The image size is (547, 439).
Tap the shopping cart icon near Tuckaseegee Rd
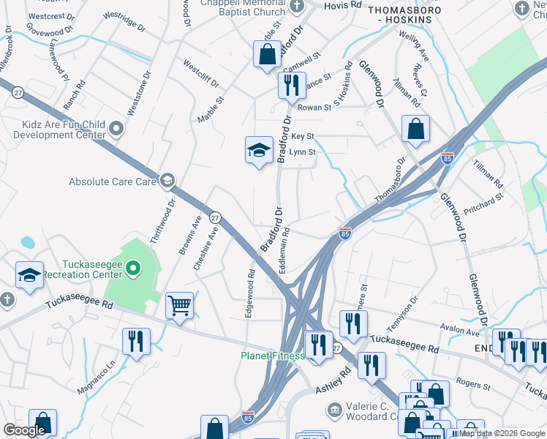click(x=179, y=306)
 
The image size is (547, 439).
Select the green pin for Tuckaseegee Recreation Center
click(x=132, y=269)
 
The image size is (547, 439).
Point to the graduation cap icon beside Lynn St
click(x=258, y=150)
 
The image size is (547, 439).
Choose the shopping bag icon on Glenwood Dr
click(x=415, y=130)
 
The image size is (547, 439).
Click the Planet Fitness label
click(x=273, y=356)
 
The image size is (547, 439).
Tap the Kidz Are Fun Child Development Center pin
click(x=116, y=130)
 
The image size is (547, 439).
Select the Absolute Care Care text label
click(x=113, y=181)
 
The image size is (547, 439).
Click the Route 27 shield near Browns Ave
click(x=215, y=217)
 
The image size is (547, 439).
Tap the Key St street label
click(x=302, y=137)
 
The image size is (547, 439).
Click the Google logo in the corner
click(x=24, y=430)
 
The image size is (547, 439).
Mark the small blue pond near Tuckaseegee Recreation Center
click(x=28, y=242)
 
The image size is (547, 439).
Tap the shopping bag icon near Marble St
click(x=267, y=54)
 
